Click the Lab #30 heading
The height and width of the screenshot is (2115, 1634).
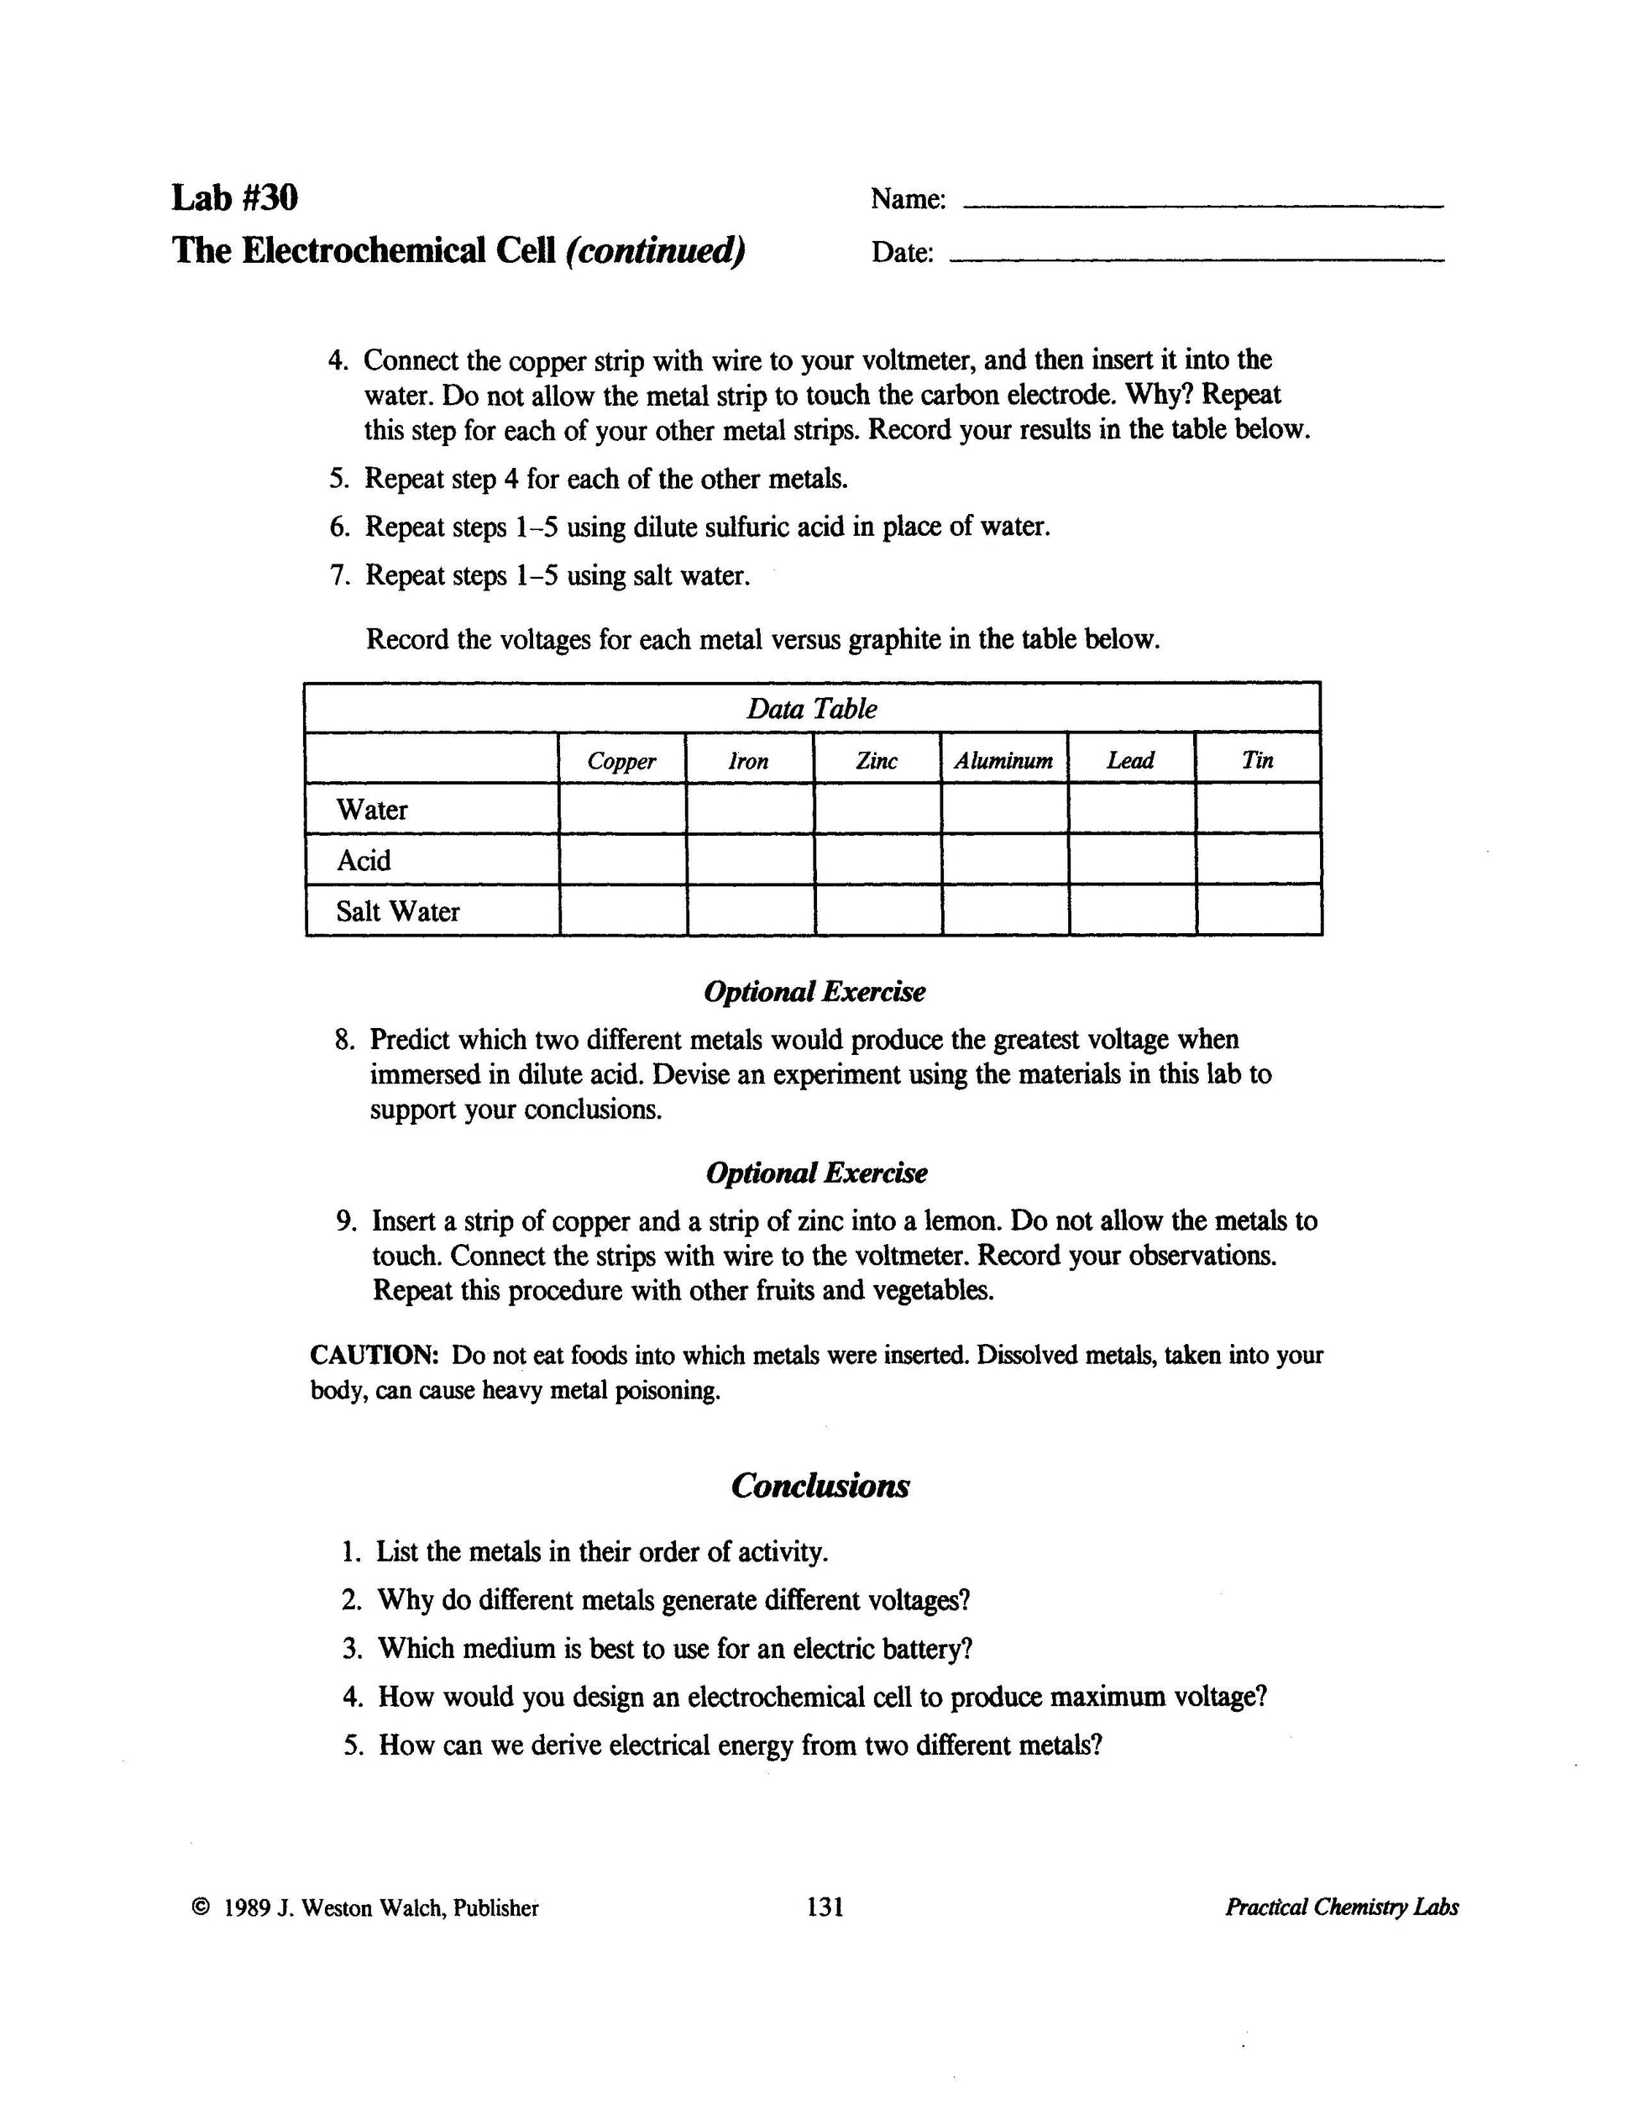click(x=234, y=197)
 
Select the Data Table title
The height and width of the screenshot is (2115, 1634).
click(x=811, y=709)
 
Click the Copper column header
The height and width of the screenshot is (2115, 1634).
click(x=621, y=761)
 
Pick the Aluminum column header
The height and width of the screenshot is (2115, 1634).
click(x=1003, y=761)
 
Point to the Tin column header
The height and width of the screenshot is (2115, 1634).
click(x=1258, y=760)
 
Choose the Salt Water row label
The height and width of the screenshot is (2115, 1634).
click(x=398, y=911)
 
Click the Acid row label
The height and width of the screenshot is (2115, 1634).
click(x=364, y=861)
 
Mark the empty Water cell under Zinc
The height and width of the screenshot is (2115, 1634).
click(x=877, y=810)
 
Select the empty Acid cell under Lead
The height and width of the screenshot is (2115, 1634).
click(x=1132, y=860)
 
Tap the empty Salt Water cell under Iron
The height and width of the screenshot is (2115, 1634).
click(x=750, y=911)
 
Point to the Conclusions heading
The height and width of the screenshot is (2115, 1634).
click(x=820, y=1486)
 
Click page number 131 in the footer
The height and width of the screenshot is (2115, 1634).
click(x=825, y=1907)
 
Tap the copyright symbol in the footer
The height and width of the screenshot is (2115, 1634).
click(x=201, y=1908)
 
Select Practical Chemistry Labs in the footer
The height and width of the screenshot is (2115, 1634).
click(x=1342, y=1907)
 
